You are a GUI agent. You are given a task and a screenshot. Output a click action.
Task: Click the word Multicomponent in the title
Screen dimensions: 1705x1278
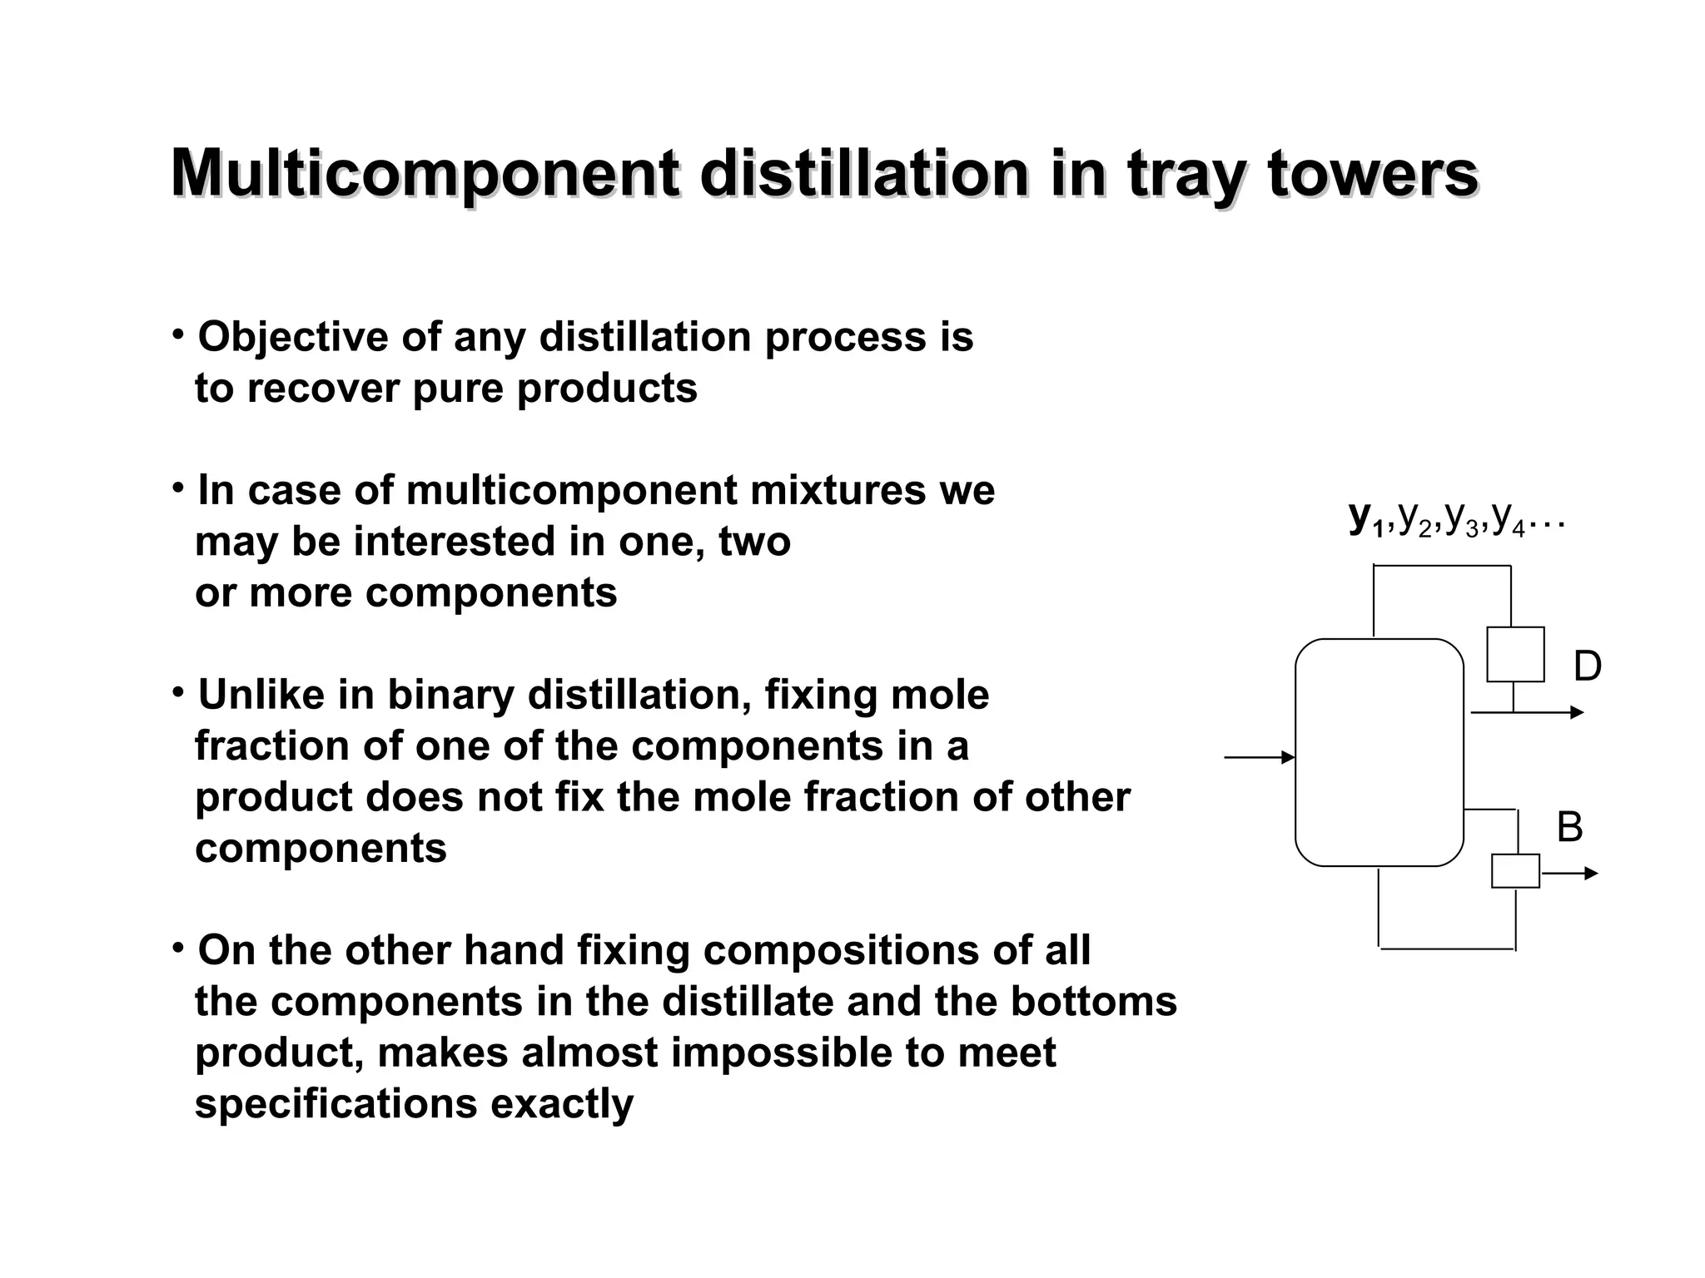(425, 175)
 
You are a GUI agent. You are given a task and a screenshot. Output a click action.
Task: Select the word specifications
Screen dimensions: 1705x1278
(336, 1104)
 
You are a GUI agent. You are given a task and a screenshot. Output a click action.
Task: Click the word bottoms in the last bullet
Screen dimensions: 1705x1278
(1093, 1002)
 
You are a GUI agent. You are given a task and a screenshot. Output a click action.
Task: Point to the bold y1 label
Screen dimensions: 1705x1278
(1365, 518)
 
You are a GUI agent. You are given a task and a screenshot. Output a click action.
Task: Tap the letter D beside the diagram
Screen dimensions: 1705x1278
(1587, 667)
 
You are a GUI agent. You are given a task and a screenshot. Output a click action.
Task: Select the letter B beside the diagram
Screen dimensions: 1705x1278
(1569, 828)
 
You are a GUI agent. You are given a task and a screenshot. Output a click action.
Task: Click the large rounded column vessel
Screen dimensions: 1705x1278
(1379, 753)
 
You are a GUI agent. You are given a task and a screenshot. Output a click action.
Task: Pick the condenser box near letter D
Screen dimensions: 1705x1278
(1515, 655)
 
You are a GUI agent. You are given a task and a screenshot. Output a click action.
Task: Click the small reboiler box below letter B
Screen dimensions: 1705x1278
(1515, 871)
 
